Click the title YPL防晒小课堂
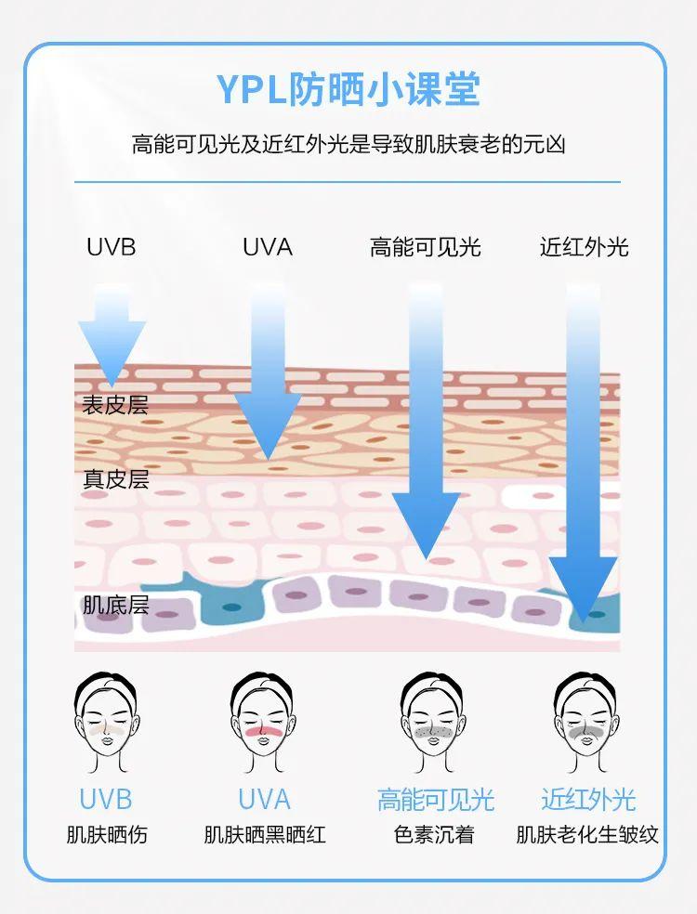point(348,90)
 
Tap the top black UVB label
point(111,247)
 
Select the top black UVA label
point(267,247)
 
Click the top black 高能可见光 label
point(425,247)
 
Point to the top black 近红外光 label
point(584,247)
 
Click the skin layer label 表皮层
point(115,405)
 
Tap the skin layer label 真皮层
point(115,479)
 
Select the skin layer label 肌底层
point(115,606)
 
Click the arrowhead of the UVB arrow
point(112,353)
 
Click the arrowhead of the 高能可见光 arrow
point(426,525)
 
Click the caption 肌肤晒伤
point(106,834)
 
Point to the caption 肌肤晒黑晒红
point(265,834)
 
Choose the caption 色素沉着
point(434,834)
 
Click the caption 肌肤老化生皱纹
point(587,834)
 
